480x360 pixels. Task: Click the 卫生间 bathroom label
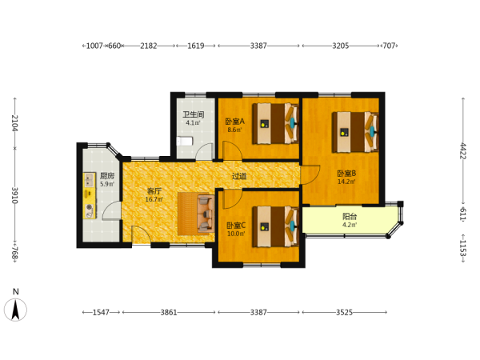tap(193, 114)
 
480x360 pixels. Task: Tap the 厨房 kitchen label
tap(107, 176)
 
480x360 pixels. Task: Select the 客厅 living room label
tap(154, 191)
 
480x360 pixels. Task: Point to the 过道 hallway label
tap(239, 176)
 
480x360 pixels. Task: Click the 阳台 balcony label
tap(350, 217)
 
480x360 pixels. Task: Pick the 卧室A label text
tap(234, 122)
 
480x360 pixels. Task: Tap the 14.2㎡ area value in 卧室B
tap(346, 182)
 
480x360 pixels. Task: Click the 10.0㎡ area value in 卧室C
tap(236, 234)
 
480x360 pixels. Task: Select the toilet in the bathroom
tap(185, 142)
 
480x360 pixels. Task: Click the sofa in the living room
tap(196, 214)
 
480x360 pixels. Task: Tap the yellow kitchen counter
tap(89, 196)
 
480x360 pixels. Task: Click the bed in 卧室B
tap(355, 132)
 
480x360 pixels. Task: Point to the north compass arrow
tap(15, 310)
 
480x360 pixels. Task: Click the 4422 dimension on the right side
tap(463, 151)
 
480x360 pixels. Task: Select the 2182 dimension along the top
tap(149, 46)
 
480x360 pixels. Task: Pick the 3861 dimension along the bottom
tap(169, 312)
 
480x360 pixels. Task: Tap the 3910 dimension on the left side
tap(15, 195)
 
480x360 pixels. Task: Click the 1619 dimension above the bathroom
tap(196, 46)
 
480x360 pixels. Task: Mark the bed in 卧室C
tap(275, 226)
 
